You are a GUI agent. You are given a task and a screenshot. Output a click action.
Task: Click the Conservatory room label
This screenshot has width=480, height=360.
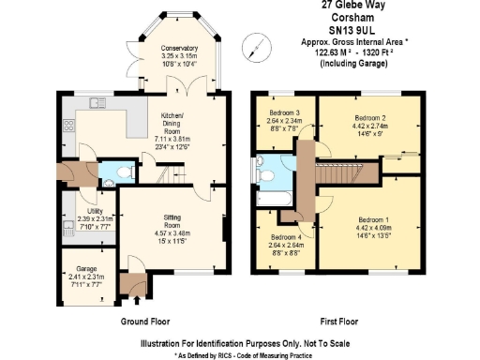(178, 48)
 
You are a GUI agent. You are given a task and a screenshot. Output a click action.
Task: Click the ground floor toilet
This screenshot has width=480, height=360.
(112, 172)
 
